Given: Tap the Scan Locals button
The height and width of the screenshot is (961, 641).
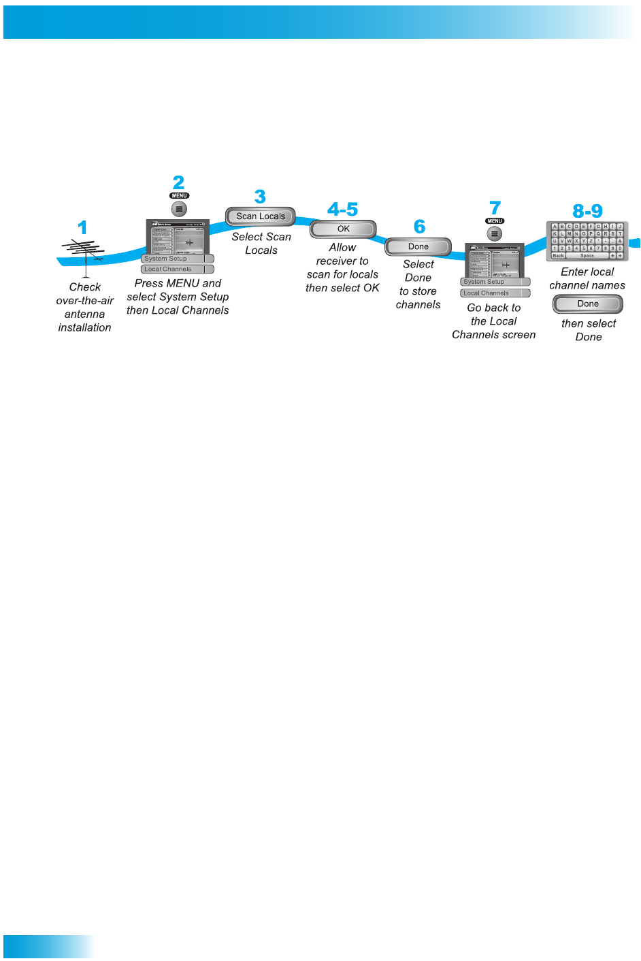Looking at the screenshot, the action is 261,216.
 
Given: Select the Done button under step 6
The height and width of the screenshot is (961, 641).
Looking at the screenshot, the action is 418,246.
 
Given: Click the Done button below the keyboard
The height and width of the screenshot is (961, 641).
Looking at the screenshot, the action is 588,304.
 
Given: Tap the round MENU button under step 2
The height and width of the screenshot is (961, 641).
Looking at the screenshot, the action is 179,209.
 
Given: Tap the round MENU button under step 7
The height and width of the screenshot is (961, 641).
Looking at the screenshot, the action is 495,233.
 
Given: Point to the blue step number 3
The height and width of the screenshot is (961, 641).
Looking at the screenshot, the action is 260,197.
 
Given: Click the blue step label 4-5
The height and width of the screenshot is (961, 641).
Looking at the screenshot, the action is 342,209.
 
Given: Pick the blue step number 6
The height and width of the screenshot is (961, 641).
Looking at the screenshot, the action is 419,227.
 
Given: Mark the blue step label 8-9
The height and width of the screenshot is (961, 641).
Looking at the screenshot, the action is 587,211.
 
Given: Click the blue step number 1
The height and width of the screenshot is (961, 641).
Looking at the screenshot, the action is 82,227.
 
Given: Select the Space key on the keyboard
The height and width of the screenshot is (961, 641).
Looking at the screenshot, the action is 587,256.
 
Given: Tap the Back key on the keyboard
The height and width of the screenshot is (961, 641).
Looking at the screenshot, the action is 558,256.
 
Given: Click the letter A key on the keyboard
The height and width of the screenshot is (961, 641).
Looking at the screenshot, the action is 555,227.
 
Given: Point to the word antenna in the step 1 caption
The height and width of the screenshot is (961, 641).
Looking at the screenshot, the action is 84,314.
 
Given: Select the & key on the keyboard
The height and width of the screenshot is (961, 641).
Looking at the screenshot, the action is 620,241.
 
